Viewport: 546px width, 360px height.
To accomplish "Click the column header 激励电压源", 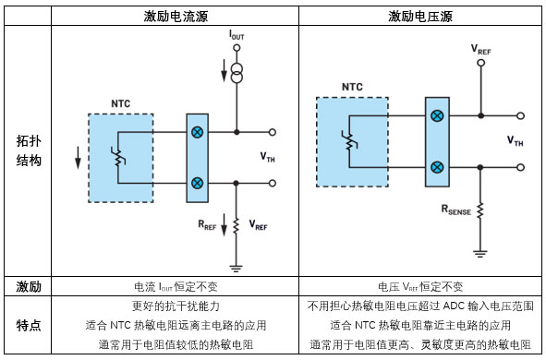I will [420, 17].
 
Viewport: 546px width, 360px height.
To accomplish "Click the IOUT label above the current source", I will [237, 34].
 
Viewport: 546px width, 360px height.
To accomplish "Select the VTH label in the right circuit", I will [515, 141].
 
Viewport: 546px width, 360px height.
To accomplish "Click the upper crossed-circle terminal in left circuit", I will [197, 132].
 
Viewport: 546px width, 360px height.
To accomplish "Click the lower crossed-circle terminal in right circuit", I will [436, 167].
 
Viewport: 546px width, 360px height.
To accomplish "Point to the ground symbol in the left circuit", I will [237, 268].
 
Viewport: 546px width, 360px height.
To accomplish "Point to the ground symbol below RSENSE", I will [479, 251].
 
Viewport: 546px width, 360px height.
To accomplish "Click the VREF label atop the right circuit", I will [480, 47].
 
